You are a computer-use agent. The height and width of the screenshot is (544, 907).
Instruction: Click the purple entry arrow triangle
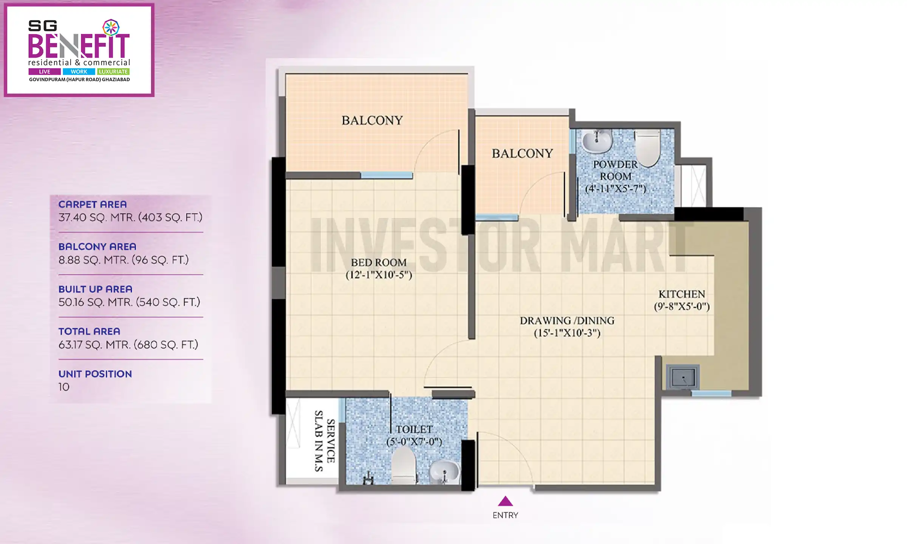pyautogui.click(x=505, y=502)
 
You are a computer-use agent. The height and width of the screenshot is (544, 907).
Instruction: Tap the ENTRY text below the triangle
pyautogui.click(x=505, y=515)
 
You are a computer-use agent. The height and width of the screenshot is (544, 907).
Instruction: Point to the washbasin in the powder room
pyautogui.click(x=596, y=141)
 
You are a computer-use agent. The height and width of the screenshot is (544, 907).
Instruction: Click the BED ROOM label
pyautogui.click(x=379, y=263)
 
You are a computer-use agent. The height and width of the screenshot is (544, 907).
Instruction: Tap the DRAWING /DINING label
pyautogui.click(x=567, y=321)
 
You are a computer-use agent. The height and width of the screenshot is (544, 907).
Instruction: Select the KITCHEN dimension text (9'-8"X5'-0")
pyautogui.click(x=682, y=306)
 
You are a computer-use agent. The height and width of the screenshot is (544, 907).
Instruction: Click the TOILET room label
pyautogui.click(x=414, y=430)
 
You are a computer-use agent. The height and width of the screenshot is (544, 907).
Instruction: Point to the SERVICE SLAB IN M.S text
pyautogui.click(x=325, y=441)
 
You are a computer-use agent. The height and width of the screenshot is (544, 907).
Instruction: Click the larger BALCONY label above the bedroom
pyautogui.click(x=372, y=121)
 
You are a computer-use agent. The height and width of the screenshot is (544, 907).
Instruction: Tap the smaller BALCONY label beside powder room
pyautogui.click(x=522, y=153)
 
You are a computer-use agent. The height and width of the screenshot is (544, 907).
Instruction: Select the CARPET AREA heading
pyautogui.click(x=93, y=204)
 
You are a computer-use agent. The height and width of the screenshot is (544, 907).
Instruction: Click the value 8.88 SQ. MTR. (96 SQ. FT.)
pyautogui.click(x=124, y=260)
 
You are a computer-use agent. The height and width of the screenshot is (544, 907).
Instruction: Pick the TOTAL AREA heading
pyautogui.click(x=89, y=331)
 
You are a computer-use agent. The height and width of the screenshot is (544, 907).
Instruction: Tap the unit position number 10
pyautogui.click(x=64, y=387)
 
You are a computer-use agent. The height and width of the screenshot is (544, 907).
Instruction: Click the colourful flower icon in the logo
pyautogui.click(x=111, y=28)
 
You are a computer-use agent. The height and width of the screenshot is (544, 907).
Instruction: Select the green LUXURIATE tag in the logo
pyautogui.click(x=113, y=71)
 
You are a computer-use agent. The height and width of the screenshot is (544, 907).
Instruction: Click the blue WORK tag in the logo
pyautogui.click(x=79, y=71)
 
